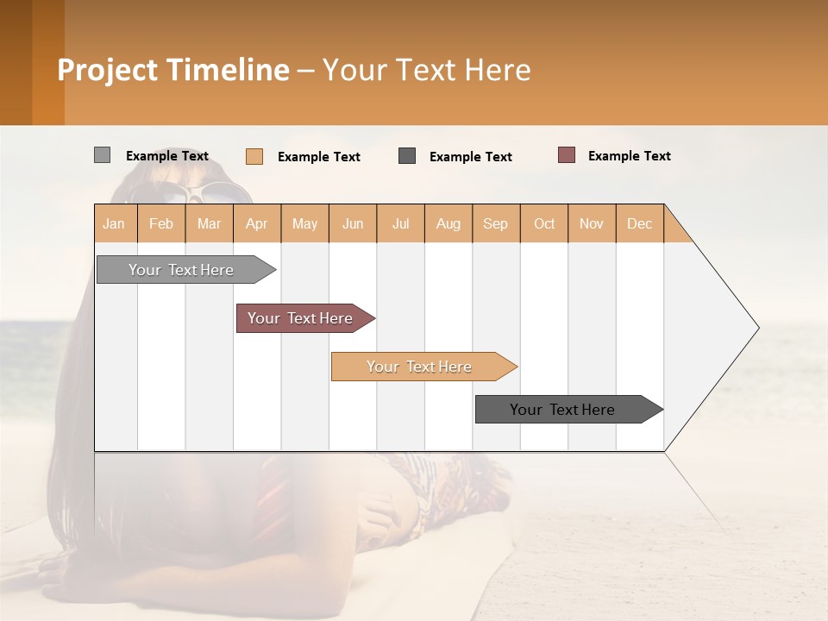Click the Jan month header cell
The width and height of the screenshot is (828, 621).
click(x=115, y=223)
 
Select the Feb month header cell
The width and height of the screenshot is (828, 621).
click(x=161, y=223)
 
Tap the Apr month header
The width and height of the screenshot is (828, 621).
click(x=257, y=223)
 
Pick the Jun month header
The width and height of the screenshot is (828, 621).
click(x=353, y=223)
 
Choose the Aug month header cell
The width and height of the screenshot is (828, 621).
click(x=448, y=223)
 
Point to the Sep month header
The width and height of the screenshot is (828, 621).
click(x=496, y=223)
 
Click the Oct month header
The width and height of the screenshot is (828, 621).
click(x=544, y=223)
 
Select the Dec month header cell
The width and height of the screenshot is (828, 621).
click(x=640, y=223)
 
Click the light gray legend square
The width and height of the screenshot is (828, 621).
click(x=102, y=155)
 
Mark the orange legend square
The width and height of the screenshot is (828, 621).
click(x=254, y=156)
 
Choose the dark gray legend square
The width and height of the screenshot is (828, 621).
click(x=407, y=155)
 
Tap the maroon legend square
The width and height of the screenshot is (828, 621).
click(x=567, y=155)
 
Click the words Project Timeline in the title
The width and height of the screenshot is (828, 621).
click(x=173, y=70)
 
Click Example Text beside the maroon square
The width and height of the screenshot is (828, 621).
click(x=630, y=156)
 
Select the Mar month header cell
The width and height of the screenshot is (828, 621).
click(x=210, y=223)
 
